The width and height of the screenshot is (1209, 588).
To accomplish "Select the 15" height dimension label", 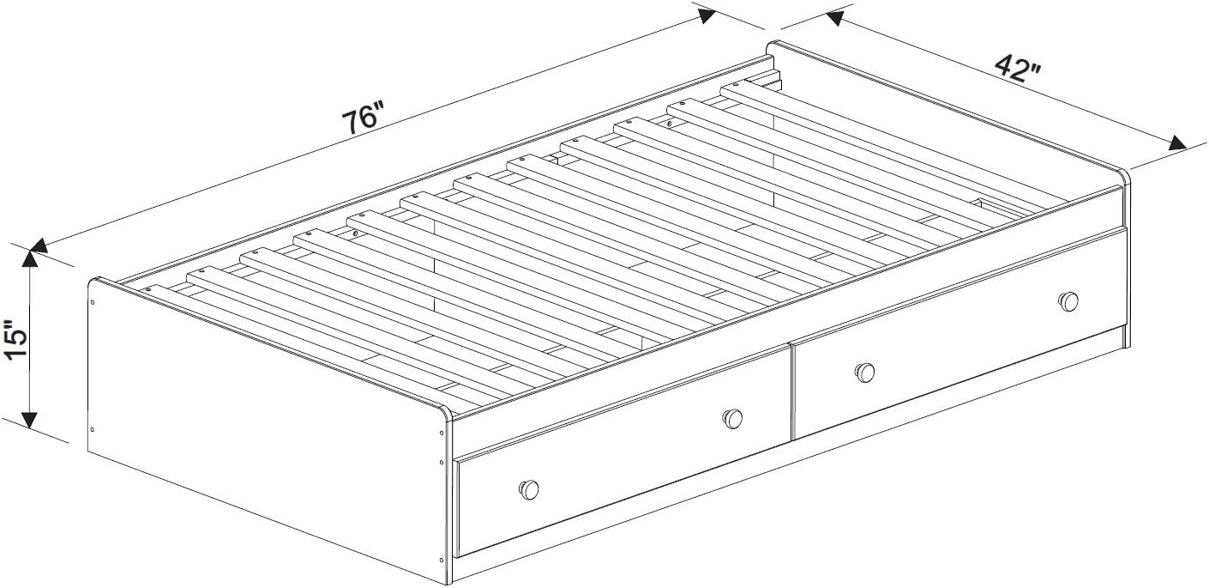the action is [x=15, y=340].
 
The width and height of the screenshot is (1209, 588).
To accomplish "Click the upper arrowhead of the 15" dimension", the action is [x=30, y=260].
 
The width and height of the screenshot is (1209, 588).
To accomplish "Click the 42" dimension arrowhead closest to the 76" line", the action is [x=834, y=18].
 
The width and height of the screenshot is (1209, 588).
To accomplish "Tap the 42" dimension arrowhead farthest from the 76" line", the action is [x=1177, y=143].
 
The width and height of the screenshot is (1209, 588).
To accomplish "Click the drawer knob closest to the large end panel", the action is [x=529, y=489].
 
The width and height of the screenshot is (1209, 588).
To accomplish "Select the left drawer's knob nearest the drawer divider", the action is [x=732, y=418].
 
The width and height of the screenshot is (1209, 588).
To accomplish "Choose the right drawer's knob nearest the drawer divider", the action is [x=864, y=373].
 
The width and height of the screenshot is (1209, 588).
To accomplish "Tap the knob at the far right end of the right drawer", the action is [x=1068, y=301].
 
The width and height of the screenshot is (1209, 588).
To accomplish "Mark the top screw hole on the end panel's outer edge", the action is [x=93, y=302].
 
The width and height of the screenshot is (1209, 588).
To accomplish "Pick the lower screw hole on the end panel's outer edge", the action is [x=93, y=430].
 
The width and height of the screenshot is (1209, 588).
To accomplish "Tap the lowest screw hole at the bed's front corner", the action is [x=442, y=560].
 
